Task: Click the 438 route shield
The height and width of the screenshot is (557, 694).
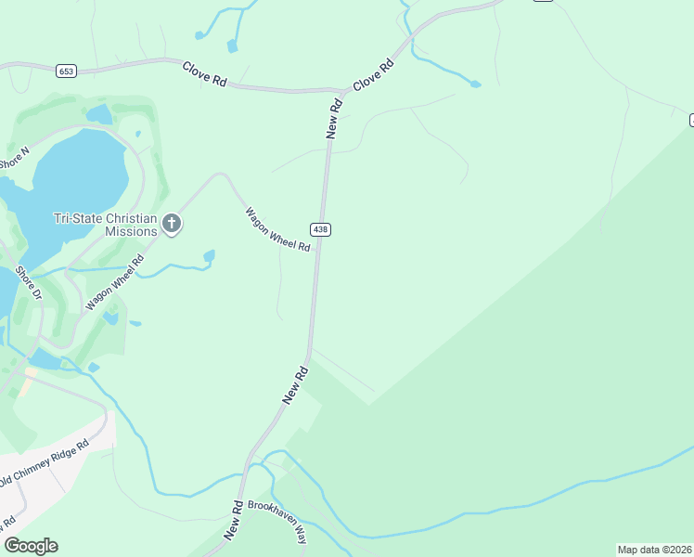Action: [320, 229]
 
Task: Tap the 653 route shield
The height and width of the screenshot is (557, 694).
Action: [65, 71]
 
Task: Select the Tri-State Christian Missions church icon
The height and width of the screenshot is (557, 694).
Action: [171, 223]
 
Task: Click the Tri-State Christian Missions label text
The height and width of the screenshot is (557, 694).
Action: [105, 225]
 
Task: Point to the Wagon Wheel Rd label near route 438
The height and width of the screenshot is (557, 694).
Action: [277, 230]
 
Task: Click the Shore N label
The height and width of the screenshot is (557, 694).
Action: [14, 157]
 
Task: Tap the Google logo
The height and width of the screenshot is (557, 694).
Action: [31, 546]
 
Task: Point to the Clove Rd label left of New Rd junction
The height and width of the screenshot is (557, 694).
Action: [205, 74]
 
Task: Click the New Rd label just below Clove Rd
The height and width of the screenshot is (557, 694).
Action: [334, 118]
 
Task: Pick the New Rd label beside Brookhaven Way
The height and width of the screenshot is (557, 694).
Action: [233, 520]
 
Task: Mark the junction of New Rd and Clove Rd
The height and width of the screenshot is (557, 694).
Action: [342, 91]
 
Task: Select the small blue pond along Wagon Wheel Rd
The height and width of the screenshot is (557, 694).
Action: [209, 255]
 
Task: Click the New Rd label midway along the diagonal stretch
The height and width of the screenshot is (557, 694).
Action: [295, 384]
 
